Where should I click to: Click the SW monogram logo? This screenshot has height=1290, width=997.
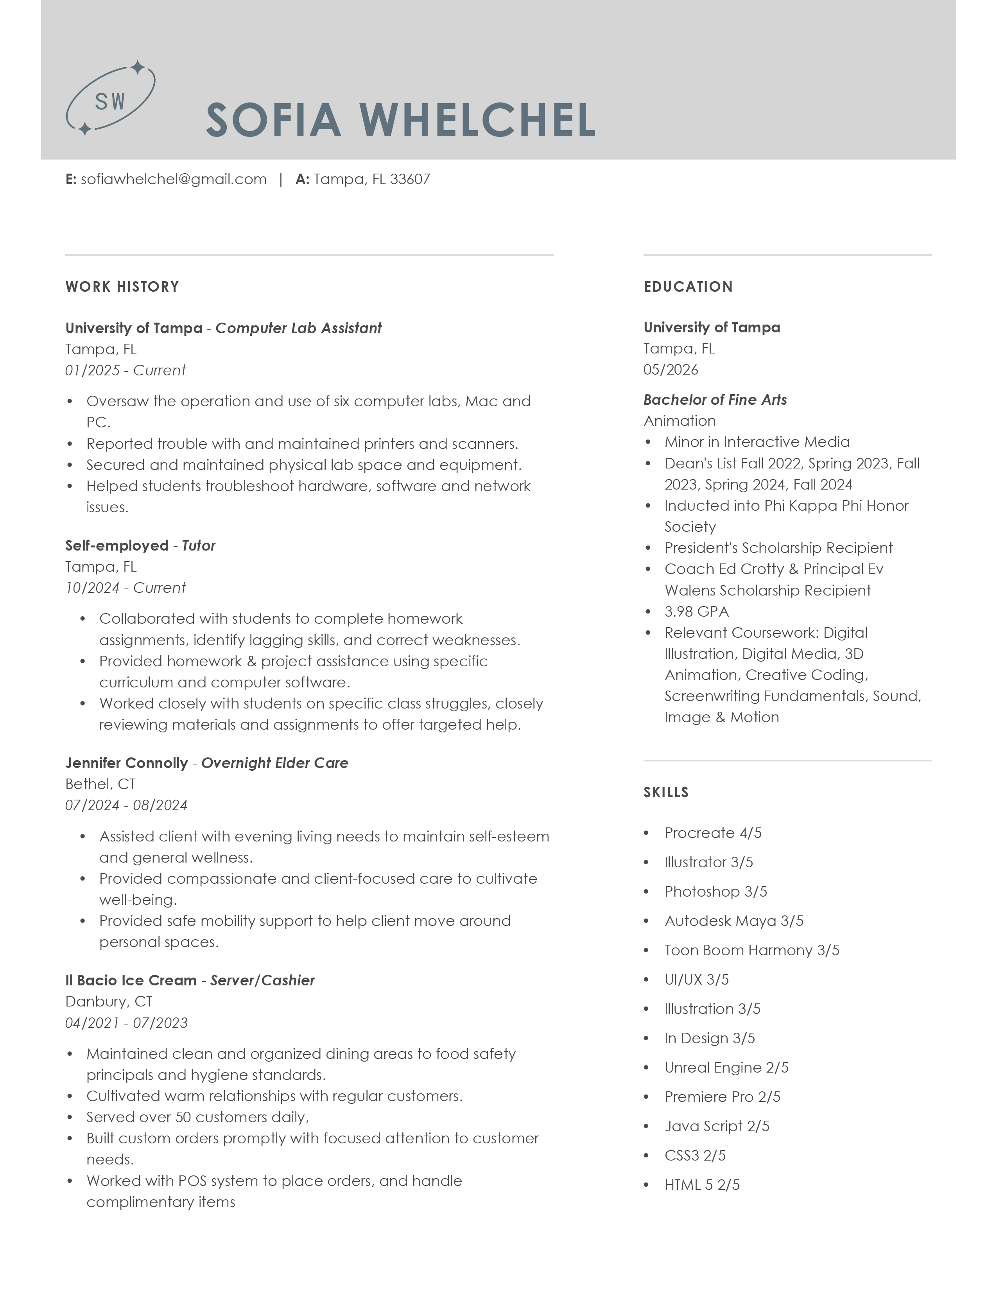coord(110,99)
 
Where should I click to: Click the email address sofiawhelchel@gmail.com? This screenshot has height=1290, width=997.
coord(174,179)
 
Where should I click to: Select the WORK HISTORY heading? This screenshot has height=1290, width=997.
coord(122,287)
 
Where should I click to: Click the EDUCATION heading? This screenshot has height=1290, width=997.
coord(688,287)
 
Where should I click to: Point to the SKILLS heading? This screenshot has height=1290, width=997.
coord(666,792)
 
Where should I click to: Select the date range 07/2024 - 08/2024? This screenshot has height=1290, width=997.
coord(126,805)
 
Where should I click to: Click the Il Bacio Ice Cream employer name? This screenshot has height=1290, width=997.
coord(131,980)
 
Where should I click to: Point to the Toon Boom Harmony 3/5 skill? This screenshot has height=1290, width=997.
coord(751,950)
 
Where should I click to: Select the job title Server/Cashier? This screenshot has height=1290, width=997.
coord(262,980)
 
